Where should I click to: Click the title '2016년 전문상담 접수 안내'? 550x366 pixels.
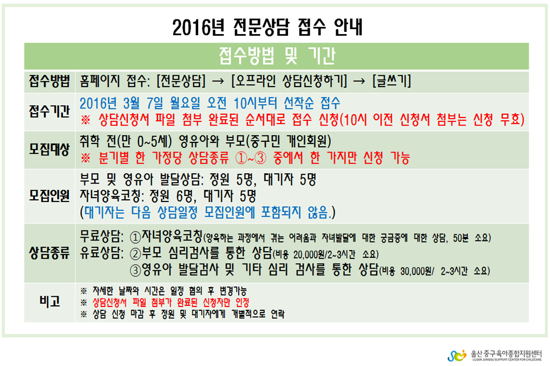[x=267, y=27]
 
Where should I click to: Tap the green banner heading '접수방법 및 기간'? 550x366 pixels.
[x=277, y=56]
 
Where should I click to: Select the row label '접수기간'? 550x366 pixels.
[x=49, y=112]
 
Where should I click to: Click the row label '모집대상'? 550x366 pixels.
[x=49, y=149]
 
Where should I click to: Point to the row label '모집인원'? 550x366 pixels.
[x=49, y=196]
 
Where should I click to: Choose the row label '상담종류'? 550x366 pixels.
[x=49, y=253]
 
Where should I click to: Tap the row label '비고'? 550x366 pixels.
[x=49, y=302]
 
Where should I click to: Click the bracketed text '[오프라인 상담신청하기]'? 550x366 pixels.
[x=289, y=81]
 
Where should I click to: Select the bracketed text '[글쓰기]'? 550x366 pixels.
[x=391, y=81]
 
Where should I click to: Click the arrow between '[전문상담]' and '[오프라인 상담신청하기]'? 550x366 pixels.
[x=218, y=82]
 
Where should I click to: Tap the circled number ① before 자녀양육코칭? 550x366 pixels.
[x=135, y=237]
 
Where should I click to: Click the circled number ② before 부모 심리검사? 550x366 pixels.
[x=135, y=253]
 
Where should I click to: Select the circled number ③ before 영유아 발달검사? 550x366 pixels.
[x=135, y=270]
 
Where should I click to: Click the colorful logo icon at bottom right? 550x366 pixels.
[x=457, y=355]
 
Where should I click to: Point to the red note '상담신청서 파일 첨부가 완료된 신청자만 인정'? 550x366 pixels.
[x=171, y=302]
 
